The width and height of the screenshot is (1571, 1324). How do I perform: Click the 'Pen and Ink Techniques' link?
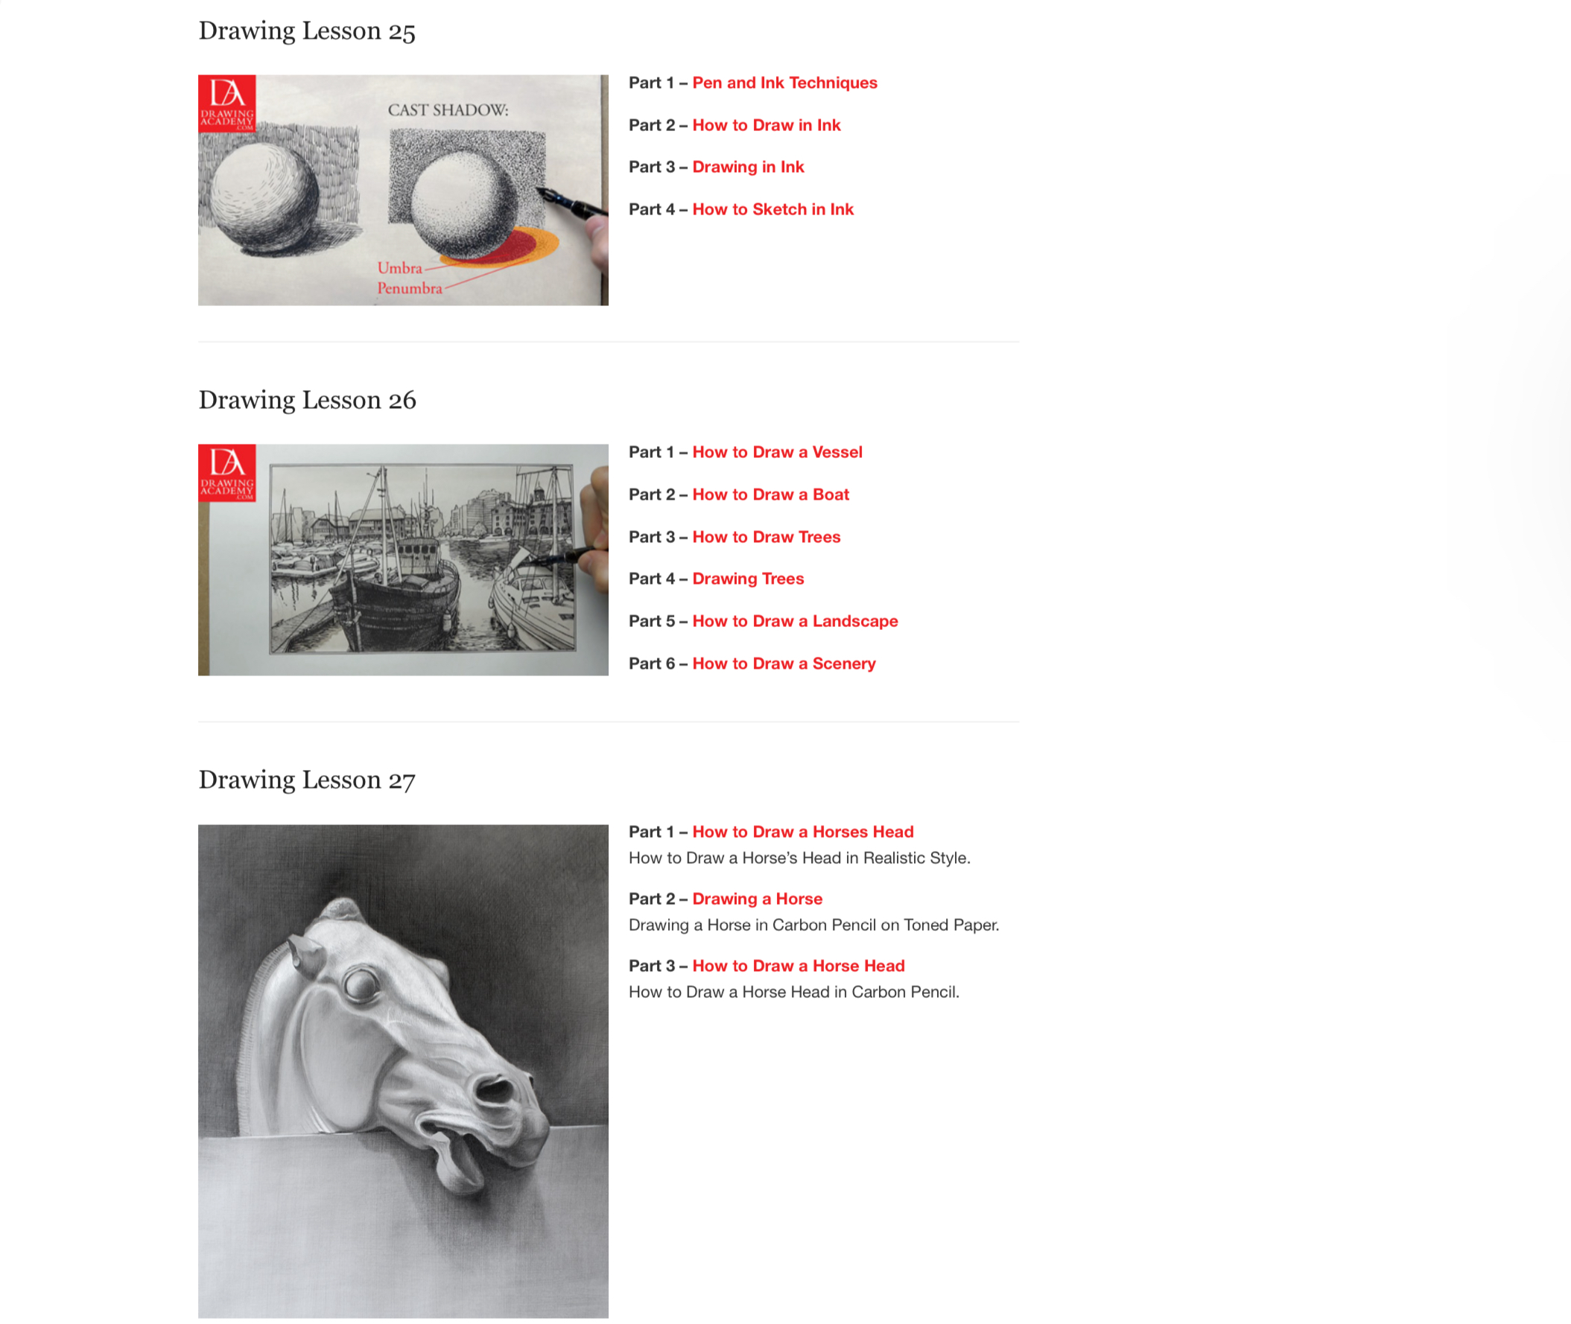(x=784, y=83)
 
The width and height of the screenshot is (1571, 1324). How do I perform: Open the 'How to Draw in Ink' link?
(x=766, y=124)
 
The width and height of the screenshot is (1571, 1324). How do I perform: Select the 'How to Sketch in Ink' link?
(x=772, y=209)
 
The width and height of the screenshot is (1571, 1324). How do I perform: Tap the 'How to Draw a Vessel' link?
(x=777, y=452)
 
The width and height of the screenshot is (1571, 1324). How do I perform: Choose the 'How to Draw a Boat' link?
(x=770, y=494)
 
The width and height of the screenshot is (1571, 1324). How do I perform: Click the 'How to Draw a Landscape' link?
(x=796, y=621)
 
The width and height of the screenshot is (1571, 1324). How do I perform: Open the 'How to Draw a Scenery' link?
(x=784, y=663)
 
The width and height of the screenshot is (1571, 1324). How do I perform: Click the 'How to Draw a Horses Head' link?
(x=803, y=832)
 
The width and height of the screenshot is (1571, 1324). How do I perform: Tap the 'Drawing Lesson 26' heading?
(x=307, y=400)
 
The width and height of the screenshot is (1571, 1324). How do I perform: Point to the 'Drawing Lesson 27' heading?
(x=307, y=780)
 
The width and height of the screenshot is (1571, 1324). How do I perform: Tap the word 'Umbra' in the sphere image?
(x=399, y=268)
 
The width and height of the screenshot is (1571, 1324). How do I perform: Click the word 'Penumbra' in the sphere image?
(x=409, y=288)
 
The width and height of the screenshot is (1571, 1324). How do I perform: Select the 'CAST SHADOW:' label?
(x=448, y=110)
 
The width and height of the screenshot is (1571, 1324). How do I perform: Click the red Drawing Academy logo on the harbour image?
(x=226, y=473)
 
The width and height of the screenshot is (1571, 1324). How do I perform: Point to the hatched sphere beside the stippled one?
(x=264, y=196)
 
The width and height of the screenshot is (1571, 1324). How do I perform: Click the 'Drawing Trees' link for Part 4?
(x=748, y=579)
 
